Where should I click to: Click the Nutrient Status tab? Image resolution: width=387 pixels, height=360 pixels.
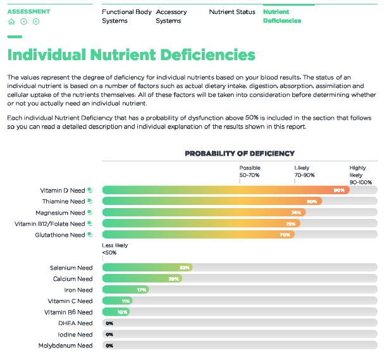(x=232, y=12)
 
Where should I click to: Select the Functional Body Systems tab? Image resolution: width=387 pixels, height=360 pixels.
(x=126, y=16)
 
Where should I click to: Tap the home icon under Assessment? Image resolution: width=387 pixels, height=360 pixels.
(x=11, y=22)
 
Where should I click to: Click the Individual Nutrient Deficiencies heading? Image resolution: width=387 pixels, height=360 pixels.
(x=132, y=55)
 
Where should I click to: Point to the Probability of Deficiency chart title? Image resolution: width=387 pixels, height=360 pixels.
(x=239, y=153)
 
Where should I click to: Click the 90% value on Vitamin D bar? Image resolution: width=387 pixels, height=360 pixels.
(x=339, y=190)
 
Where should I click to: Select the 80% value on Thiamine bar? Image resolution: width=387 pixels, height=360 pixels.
(x=311, y=202)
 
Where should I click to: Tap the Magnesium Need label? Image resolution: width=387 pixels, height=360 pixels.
(x=60, y=213)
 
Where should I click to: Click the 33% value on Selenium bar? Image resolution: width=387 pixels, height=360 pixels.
(x=184, y=268)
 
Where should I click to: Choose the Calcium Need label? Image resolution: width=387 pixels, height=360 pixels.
(x=72, y=279)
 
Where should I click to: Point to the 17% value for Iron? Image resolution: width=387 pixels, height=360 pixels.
(x=142, y=290)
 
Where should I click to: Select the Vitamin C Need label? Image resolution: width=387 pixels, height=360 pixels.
(x=70, y=301)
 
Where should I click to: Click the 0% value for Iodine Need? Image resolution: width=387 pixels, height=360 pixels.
(x=109, y=335)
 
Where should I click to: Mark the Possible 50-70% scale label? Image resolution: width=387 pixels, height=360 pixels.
(x=250, y=171)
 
